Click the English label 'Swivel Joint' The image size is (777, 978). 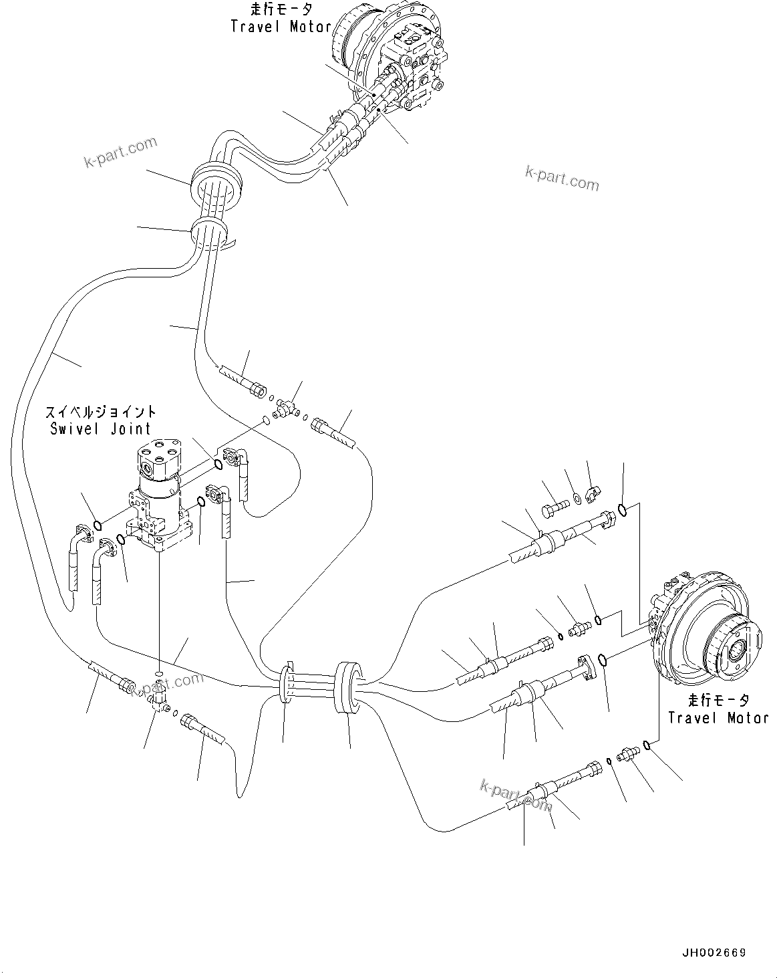[100, 429]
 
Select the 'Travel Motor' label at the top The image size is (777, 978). [281, 27]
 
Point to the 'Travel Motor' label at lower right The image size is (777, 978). [718, 718]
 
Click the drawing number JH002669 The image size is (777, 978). [714, 953]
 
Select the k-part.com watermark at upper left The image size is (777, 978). [120, 152]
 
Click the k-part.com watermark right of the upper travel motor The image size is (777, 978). [562, 176]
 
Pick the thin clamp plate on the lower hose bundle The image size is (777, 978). [286, 684]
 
